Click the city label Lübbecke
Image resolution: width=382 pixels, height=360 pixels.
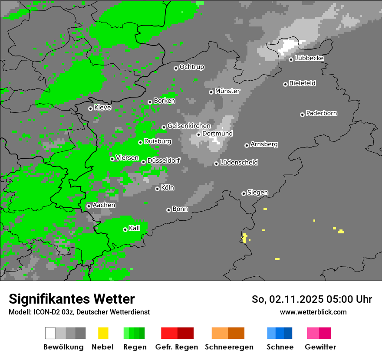click(309, 59)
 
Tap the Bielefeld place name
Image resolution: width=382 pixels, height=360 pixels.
click(302, 83)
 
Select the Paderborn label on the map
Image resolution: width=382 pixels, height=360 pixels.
click(321, 114)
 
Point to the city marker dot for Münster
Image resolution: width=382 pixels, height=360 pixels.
click(211, 92)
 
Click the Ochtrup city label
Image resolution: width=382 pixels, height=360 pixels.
click(191, 67)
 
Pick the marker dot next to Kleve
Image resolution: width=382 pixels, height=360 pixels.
click(90, 108)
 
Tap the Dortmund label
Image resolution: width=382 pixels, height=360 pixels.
click(217, 134)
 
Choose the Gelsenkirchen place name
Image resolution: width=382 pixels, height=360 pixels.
click(189, 126)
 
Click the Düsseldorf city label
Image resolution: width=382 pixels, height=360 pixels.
click(163, 160)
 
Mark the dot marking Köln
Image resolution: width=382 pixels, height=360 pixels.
click(157, 189)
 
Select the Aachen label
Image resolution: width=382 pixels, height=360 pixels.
click(104, 205)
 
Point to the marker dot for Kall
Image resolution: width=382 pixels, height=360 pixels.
click(125, 229)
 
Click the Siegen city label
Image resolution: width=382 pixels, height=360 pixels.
click(257, 193)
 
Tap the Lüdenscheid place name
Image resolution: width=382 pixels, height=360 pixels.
click(239, 163)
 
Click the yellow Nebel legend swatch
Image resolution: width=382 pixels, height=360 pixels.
click(103, 333)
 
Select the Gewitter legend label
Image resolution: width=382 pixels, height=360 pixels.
click(320, 347)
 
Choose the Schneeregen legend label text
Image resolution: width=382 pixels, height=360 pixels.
click(229, 347)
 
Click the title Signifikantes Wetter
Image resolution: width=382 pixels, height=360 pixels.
click(72, 299)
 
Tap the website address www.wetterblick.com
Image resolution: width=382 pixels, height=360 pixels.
click(313, 312)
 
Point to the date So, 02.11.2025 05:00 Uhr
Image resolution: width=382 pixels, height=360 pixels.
click(312, 299)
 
